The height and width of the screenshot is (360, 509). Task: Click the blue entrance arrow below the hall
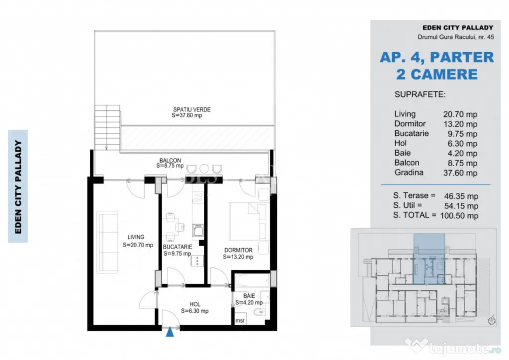coord(170,332)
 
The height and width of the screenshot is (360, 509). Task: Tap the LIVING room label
coord(136,237)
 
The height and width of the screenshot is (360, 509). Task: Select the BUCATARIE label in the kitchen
coord(177,247)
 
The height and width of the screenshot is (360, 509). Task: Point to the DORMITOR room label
coord(238,250)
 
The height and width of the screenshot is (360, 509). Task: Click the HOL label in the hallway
coord(195,304)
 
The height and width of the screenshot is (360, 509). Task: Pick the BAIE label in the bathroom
coord(249,296)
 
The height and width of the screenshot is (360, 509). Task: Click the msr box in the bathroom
coord(240,320)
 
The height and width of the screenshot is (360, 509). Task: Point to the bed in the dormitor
coord(248,221)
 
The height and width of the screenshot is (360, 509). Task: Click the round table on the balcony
coord(204,169)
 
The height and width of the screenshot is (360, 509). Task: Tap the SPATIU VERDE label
coord(192,110)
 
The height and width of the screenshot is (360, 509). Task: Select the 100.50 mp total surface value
coord(459,215)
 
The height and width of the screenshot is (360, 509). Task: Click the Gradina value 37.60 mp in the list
coord(460,173)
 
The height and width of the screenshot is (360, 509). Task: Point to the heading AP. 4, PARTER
coord(436,58)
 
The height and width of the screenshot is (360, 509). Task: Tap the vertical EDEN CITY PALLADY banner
coord(18,186)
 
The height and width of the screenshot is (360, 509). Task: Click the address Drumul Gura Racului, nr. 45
coord(456,37)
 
